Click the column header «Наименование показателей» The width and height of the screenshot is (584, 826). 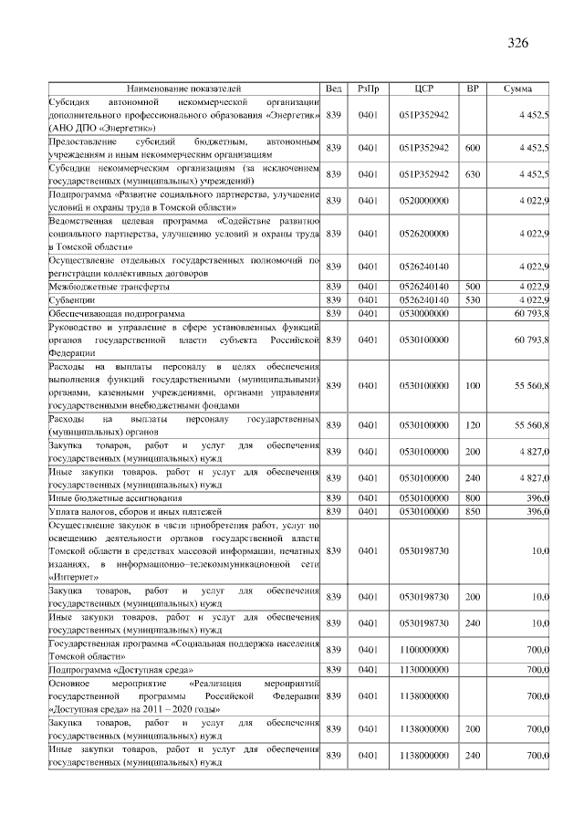(184, 89)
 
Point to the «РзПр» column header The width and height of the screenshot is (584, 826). (368, 89)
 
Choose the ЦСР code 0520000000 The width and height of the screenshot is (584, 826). (424, 201)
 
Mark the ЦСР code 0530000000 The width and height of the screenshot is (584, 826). (424, 313)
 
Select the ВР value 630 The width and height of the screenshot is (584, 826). (472, 174)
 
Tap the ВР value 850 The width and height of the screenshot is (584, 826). (472, 511)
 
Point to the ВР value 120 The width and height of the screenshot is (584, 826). (472, 425)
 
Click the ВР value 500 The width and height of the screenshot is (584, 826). (472, 287)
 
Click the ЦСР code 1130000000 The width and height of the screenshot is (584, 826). (424, 670)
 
